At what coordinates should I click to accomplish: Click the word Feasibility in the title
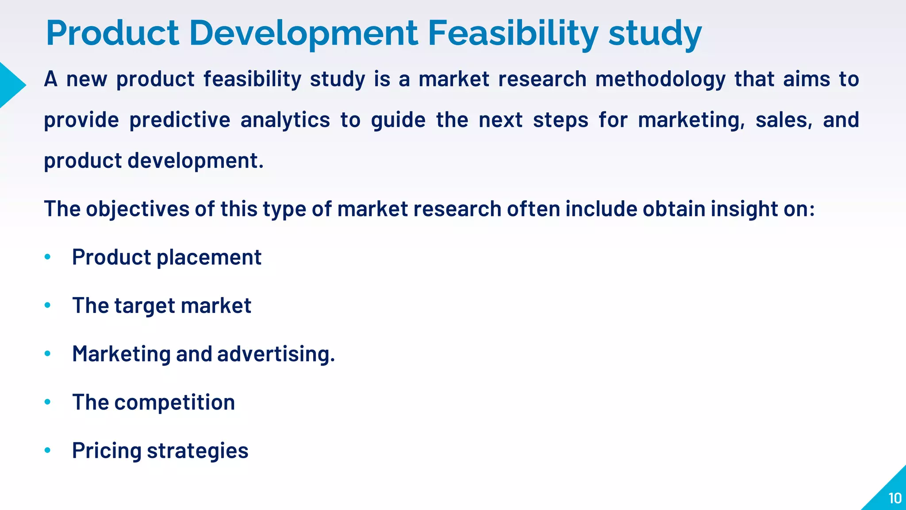[513, 33]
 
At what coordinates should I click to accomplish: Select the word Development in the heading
[303, 33]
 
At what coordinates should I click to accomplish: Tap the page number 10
[895, 498]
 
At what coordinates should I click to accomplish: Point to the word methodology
[660, 80]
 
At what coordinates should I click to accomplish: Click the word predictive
[180, 120]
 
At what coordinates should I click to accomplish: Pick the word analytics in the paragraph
[285, 120]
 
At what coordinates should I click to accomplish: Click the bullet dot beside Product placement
[48, 257]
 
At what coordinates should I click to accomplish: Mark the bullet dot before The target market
[48, 305]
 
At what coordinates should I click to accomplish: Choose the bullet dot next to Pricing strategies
[48, 450]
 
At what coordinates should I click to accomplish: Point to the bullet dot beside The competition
[48, 402]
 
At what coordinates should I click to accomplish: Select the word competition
[174, 402]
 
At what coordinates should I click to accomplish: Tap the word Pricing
[107, 451]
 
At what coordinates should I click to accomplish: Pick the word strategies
[197, 451]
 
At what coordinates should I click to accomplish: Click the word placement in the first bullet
[209, 257]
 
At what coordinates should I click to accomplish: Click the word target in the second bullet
[145, 306]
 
